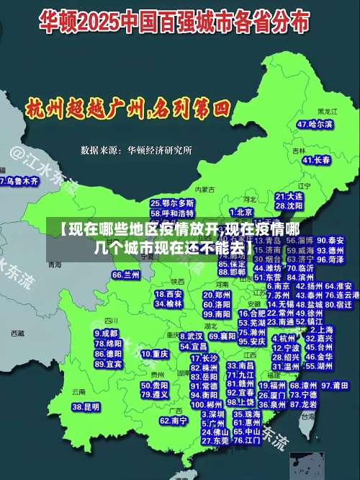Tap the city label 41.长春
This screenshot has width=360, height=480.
[316, 160]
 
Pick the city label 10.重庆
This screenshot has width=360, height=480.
[155, 354]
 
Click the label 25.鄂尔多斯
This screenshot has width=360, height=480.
[172, 204]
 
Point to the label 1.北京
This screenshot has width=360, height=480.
[240, 212]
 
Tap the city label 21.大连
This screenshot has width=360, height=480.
[289, 196]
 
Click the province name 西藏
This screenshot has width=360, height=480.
[18, 334]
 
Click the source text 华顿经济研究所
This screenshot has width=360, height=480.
[160, 151]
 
